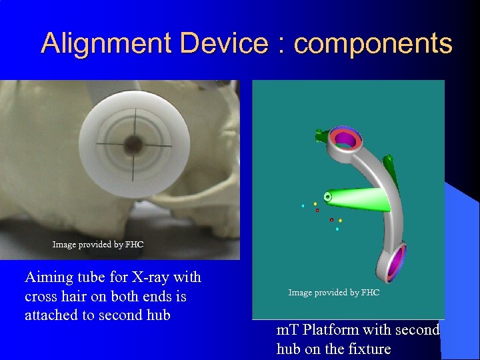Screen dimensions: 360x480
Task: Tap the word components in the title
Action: point(373,44)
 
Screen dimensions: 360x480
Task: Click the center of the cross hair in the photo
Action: point(133,143)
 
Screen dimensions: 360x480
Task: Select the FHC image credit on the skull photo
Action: point(98,245)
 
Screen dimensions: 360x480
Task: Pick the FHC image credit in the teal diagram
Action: point(333,293)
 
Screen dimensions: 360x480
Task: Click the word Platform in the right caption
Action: point(331,330)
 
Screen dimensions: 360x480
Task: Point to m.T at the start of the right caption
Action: point(287,330)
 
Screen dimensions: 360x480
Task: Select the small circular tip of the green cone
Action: point(327,197)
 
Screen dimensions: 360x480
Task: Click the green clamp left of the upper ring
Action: point(323,137)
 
